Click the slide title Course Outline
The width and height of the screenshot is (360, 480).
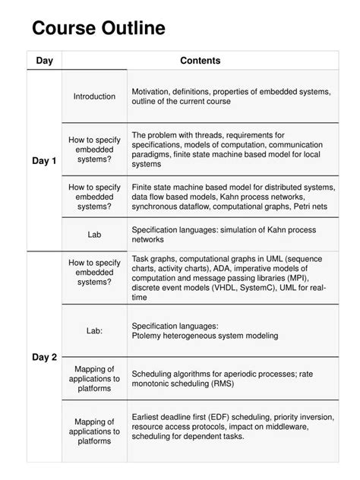pyautogui.click(x=98, y=30)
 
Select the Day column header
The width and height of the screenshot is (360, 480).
pyautogui.click(x=44, y=61)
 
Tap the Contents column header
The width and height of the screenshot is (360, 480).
pyautogui.click(x=201, y=61)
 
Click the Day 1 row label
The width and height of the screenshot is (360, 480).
pyautogui.click(x=44, y=161)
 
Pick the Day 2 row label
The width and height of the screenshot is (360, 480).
pyautogui.click(x=44, y=358)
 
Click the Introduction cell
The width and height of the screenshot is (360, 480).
pyautogui.click(x=95, y=96)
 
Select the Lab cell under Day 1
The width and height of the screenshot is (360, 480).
pyautogui.click(x=95, y=235)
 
